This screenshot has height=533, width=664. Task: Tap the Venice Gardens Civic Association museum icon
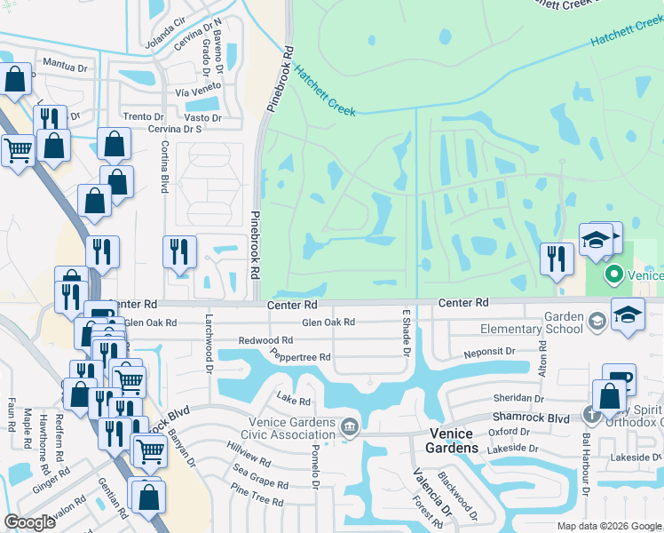[x=350, y=428]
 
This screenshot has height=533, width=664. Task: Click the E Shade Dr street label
[x=407, y=335]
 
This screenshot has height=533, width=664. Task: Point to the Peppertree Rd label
[x=301, y=357]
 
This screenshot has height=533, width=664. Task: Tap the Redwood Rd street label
[x=265, y=340]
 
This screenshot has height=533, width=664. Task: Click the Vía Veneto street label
[x=196, y=92]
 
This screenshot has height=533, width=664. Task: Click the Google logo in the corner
[x=30, y=522]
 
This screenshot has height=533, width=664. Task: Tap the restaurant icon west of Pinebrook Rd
[x=179, y=252]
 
